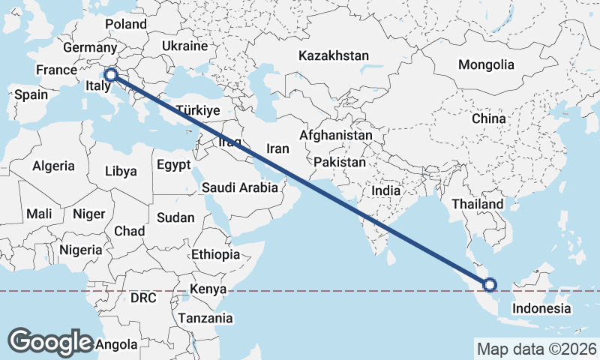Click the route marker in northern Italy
click(110, 74)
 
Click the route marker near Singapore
click(490, 284)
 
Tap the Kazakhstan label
click(334, 55)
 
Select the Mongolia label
click(486, 64)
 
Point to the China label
click(489, 118)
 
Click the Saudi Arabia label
click(240, 188)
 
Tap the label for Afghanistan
click(335, 136)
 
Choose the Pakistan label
click(340, 162)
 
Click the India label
click(386, 190)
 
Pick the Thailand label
click(477, 204)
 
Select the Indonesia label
click(541, 308)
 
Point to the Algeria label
click(53, 166)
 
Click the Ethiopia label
click(215, 254)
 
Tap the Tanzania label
click(205, 318)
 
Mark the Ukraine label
click(184, 46)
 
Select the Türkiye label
click(197, 110)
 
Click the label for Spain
click(31, 94)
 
